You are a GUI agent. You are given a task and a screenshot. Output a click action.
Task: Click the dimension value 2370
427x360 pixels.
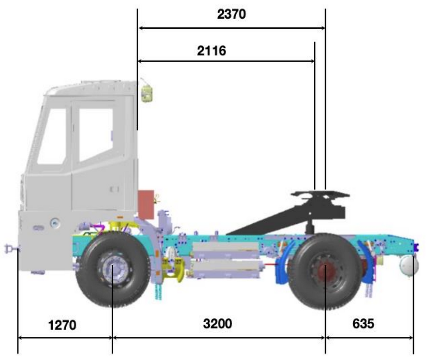pyautogui.click(x=231, y=14)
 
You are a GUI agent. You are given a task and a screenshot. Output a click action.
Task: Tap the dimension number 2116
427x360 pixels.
pyautogui.click(x=212, y=50)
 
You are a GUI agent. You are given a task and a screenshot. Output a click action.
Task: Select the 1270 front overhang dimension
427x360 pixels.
pyautogui.click(x=62, y=325)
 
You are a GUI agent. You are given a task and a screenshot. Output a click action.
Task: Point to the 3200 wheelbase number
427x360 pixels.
pyautogui.click(x=217, y=323)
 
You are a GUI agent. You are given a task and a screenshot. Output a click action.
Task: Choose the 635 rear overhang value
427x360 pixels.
pyautogui.click(x=363, y=323)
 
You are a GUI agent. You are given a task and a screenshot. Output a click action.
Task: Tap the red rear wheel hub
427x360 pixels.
pyautogui.click(x=326, y=269)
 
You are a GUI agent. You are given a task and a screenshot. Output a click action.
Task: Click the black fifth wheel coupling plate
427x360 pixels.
pyautogui.click(x=320, y=194)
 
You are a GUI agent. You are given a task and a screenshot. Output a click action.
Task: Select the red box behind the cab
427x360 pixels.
pyautogui.click(x=146, y=205)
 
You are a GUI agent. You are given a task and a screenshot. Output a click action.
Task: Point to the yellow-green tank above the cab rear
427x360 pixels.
pyautogui.click(x=147, y=93)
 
